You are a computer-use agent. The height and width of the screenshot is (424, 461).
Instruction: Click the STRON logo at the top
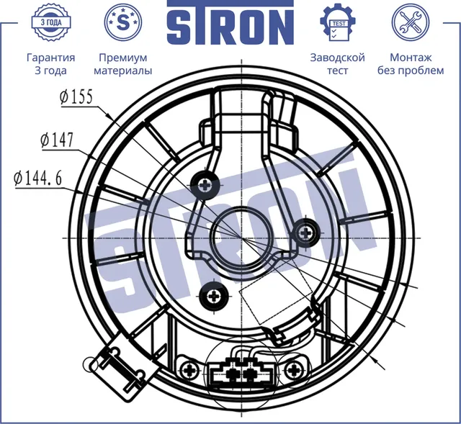230,27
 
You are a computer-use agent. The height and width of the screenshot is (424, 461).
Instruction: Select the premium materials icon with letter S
123,22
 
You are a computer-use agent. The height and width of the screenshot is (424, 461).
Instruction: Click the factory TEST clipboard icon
337,22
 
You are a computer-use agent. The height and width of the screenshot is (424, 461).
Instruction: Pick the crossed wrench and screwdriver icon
411,22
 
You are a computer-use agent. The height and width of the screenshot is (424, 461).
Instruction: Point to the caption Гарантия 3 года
50,64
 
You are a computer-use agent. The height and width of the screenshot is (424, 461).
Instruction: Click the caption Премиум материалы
123,64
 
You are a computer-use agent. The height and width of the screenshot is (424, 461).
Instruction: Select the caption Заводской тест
337,64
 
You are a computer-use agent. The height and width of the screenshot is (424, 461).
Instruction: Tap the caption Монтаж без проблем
411,64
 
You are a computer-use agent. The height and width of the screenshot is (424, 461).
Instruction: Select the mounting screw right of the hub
305,232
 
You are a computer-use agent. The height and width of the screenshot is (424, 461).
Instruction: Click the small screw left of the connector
190,371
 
